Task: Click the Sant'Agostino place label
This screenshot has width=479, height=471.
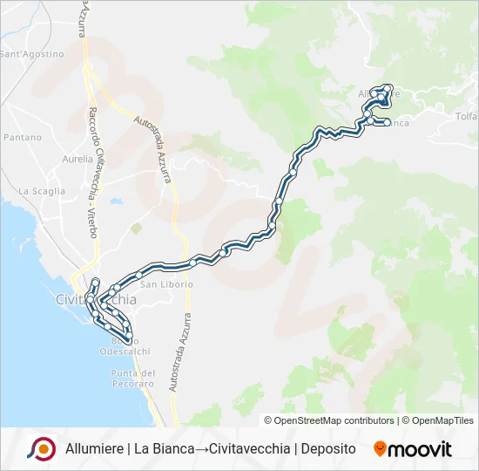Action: (x=32, y=54)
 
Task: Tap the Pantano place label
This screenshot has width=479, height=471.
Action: (x=22, y=138)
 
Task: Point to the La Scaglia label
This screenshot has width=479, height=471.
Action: (x=42, y=191)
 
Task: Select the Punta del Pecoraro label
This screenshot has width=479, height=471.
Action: (x=132, y=379)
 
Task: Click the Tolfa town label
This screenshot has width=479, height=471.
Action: (x=467, y=116)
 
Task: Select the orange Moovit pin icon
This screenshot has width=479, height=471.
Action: (x=380, y=449)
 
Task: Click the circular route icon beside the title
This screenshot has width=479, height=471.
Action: (x=41, y=448)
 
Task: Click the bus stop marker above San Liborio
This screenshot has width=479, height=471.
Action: (x=138, y=275)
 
